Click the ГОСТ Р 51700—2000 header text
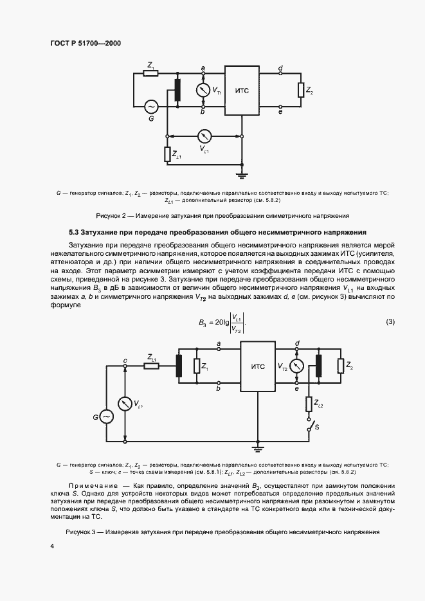(86, 43)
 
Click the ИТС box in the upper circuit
(242, 91)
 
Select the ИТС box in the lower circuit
(257, 366)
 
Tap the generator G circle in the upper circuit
(152, 106)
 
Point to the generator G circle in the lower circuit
(105, 417)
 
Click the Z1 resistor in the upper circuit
(150, 73)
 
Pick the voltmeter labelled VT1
(203, 91)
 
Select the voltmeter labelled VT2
(296, 366)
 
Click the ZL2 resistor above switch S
(309, 404)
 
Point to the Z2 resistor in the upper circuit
(300, 91)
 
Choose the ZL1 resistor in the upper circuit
(167, 154)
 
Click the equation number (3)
(390, 321)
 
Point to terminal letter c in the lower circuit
(125, 360)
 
